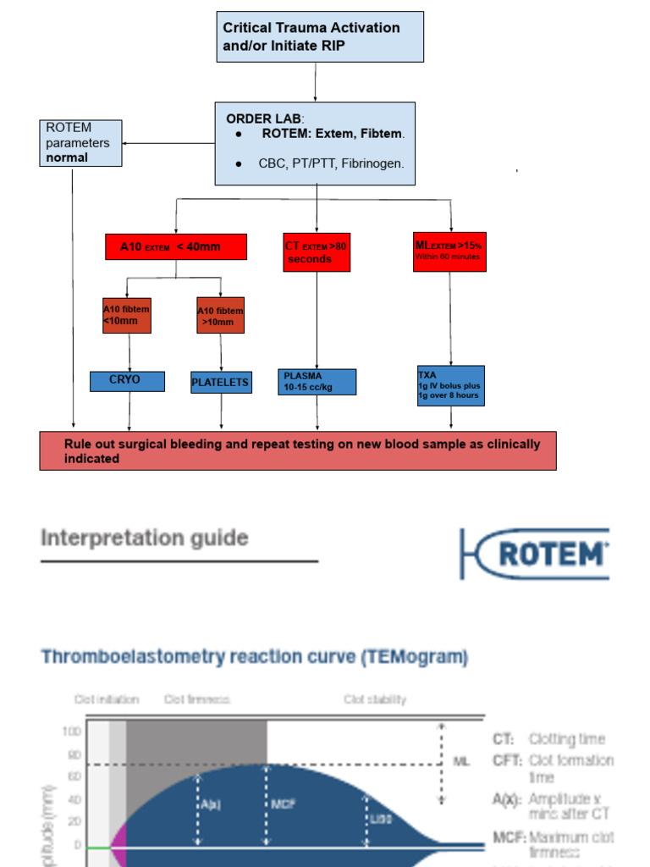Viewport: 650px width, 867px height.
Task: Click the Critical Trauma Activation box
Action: (x=319, y=36)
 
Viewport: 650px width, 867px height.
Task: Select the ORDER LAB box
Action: (x=315, y=143)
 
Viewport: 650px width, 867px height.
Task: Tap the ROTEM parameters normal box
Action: (x=80, y=142)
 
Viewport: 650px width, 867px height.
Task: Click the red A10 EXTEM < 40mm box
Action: (x=176, y=247)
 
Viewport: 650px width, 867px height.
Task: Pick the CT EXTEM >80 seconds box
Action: (x=316, y=252)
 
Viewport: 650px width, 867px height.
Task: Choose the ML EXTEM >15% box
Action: (x=449, y=251)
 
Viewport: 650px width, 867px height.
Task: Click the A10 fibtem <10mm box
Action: (x=126, y=315)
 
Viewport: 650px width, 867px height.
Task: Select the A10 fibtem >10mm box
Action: (x=220, y=316)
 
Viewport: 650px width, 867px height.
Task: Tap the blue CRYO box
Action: (x=127, y=381)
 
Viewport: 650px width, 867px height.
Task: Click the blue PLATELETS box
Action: (x=220, y=383)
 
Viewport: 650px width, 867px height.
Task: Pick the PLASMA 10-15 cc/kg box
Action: (x=317, y=382)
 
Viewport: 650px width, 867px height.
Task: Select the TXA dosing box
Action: (x=450, y=385)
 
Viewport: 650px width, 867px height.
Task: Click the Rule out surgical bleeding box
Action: (x=298, y=450)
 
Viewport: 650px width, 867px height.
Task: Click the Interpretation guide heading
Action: (x=145, y=538)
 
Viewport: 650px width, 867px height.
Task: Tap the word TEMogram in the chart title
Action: (x=420, y=656)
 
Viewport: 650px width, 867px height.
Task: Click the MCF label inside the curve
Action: (x=284, y=803)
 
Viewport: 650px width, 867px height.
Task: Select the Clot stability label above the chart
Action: (x=375, y=699)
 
